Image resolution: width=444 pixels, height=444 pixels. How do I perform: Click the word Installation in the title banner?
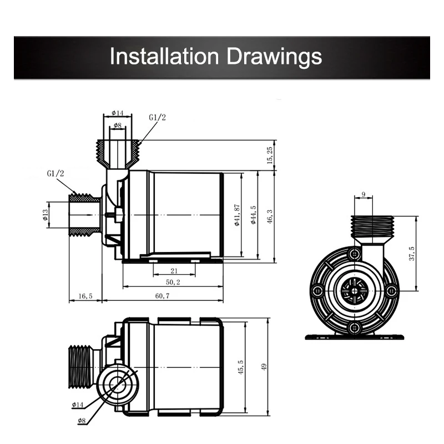pos(164,56)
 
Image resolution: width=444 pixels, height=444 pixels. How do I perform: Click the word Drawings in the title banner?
pos(274,57)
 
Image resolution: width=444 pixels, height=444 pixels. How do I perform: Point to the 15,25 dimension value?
pos(270,155)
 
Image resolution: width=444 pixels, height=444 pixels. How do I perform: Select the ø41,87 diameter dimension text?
pos(238,215)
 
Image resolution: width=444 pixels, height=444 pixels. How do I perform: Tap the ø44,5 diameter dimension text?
pos(254,215)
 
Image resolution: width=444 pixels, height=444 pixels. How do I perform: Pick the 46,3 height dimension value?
pos(270,216)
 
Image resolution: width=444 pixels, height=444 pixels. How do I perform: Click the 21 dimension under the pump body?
pos(174,271)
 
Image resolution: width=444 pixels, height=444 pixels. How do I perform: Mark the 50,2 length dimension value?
pos(173,282)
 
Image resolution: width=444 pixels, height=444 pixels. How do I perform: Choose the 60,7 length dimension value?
pos(162,296)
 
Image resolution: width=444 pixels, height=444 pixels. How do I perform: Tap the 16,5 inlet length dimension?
pos(85,296)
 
